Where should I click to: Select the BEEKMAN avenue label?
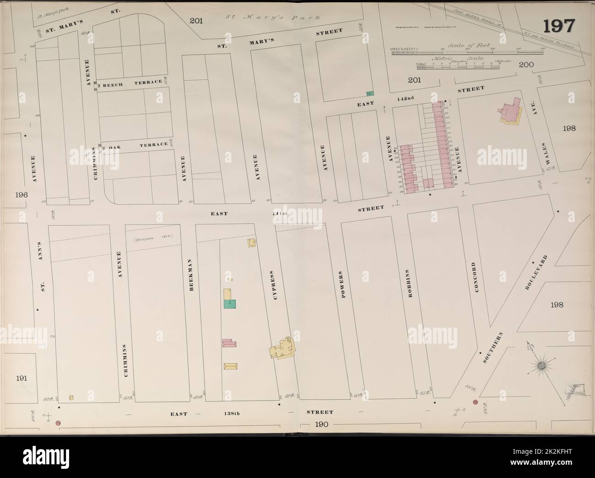(x=188, y=275)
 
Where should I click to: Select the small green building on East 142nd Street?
(x=371, y=93)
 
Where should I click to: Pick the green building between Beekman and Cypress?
(x=230, y=304)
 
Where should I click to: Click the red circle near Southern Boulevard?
(x=475, y=402)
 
